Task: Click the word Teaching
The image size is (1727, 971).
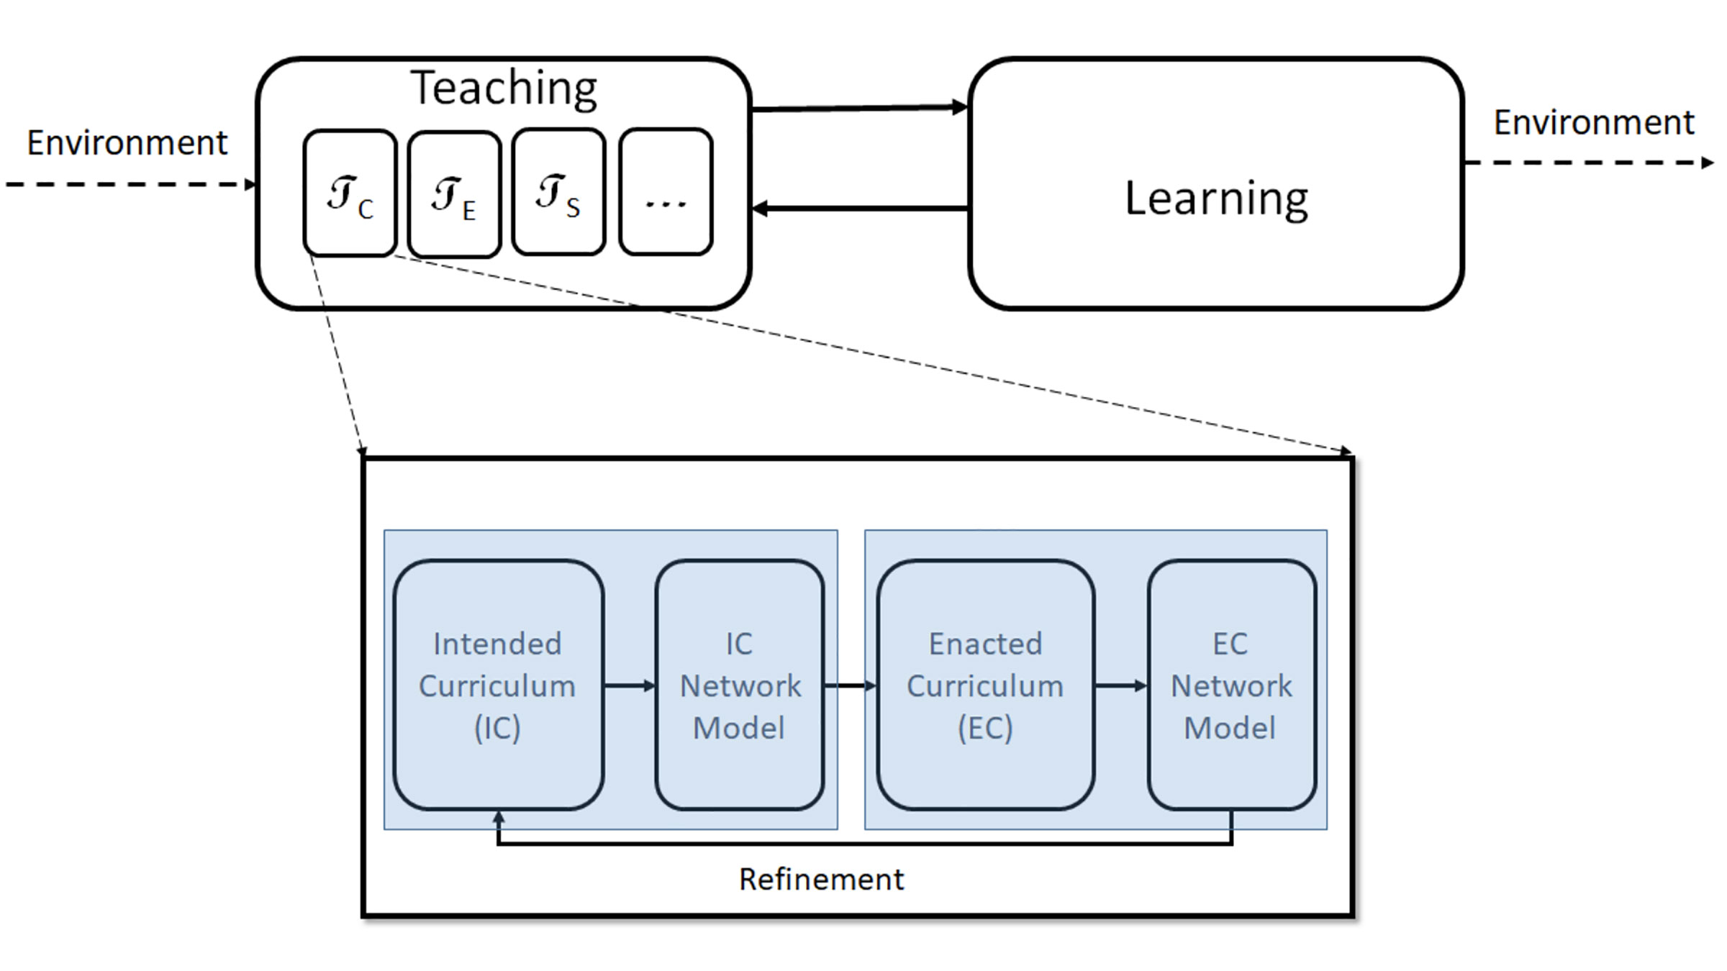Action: click(504, 88)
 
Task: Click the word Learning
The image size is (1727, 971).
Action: click(1216, 199)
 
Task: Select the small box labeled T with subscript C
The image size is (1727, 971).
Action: click(350, 193)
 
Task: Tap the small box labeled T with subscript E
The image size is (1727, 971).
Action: click(454, 194)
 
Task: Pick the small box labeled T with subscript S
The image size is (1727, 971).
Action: click(558, 192)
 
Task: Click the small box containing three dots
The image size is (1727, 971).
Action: click(666, 192)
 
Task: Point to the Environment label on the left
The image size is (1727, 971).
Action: click(127, 142)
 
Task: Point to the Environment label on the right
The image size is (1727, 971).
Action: click(1594, 122)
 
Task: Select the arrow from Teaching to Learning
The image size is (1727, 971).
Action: click(860, 108)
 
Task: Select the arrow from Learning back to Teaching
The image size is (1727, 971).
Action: click(860, 209)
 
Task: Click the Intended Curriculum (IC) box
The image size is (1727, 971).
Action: click(498, 685)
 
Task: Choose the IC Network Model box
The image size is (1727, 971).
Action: click(740, 685)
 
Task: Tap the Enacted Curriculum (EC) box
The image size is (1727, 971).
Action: click(985, 685)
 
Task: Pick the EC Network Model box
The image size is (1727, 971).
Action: click(1231, 685)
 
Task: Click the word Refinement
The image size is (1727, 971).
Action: click(821, 879)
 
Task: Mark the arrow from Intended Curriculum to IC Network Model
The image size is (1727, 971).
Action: click(629, 685)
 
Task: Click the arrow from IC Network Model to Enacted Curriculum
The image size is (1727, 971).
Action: click(850, 685)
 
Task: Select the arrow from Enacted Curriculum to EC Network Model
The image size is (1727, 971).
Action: click(1120, 685)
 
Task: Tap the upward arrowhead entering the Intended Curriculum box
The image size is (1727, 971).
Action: click(498, 819)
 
